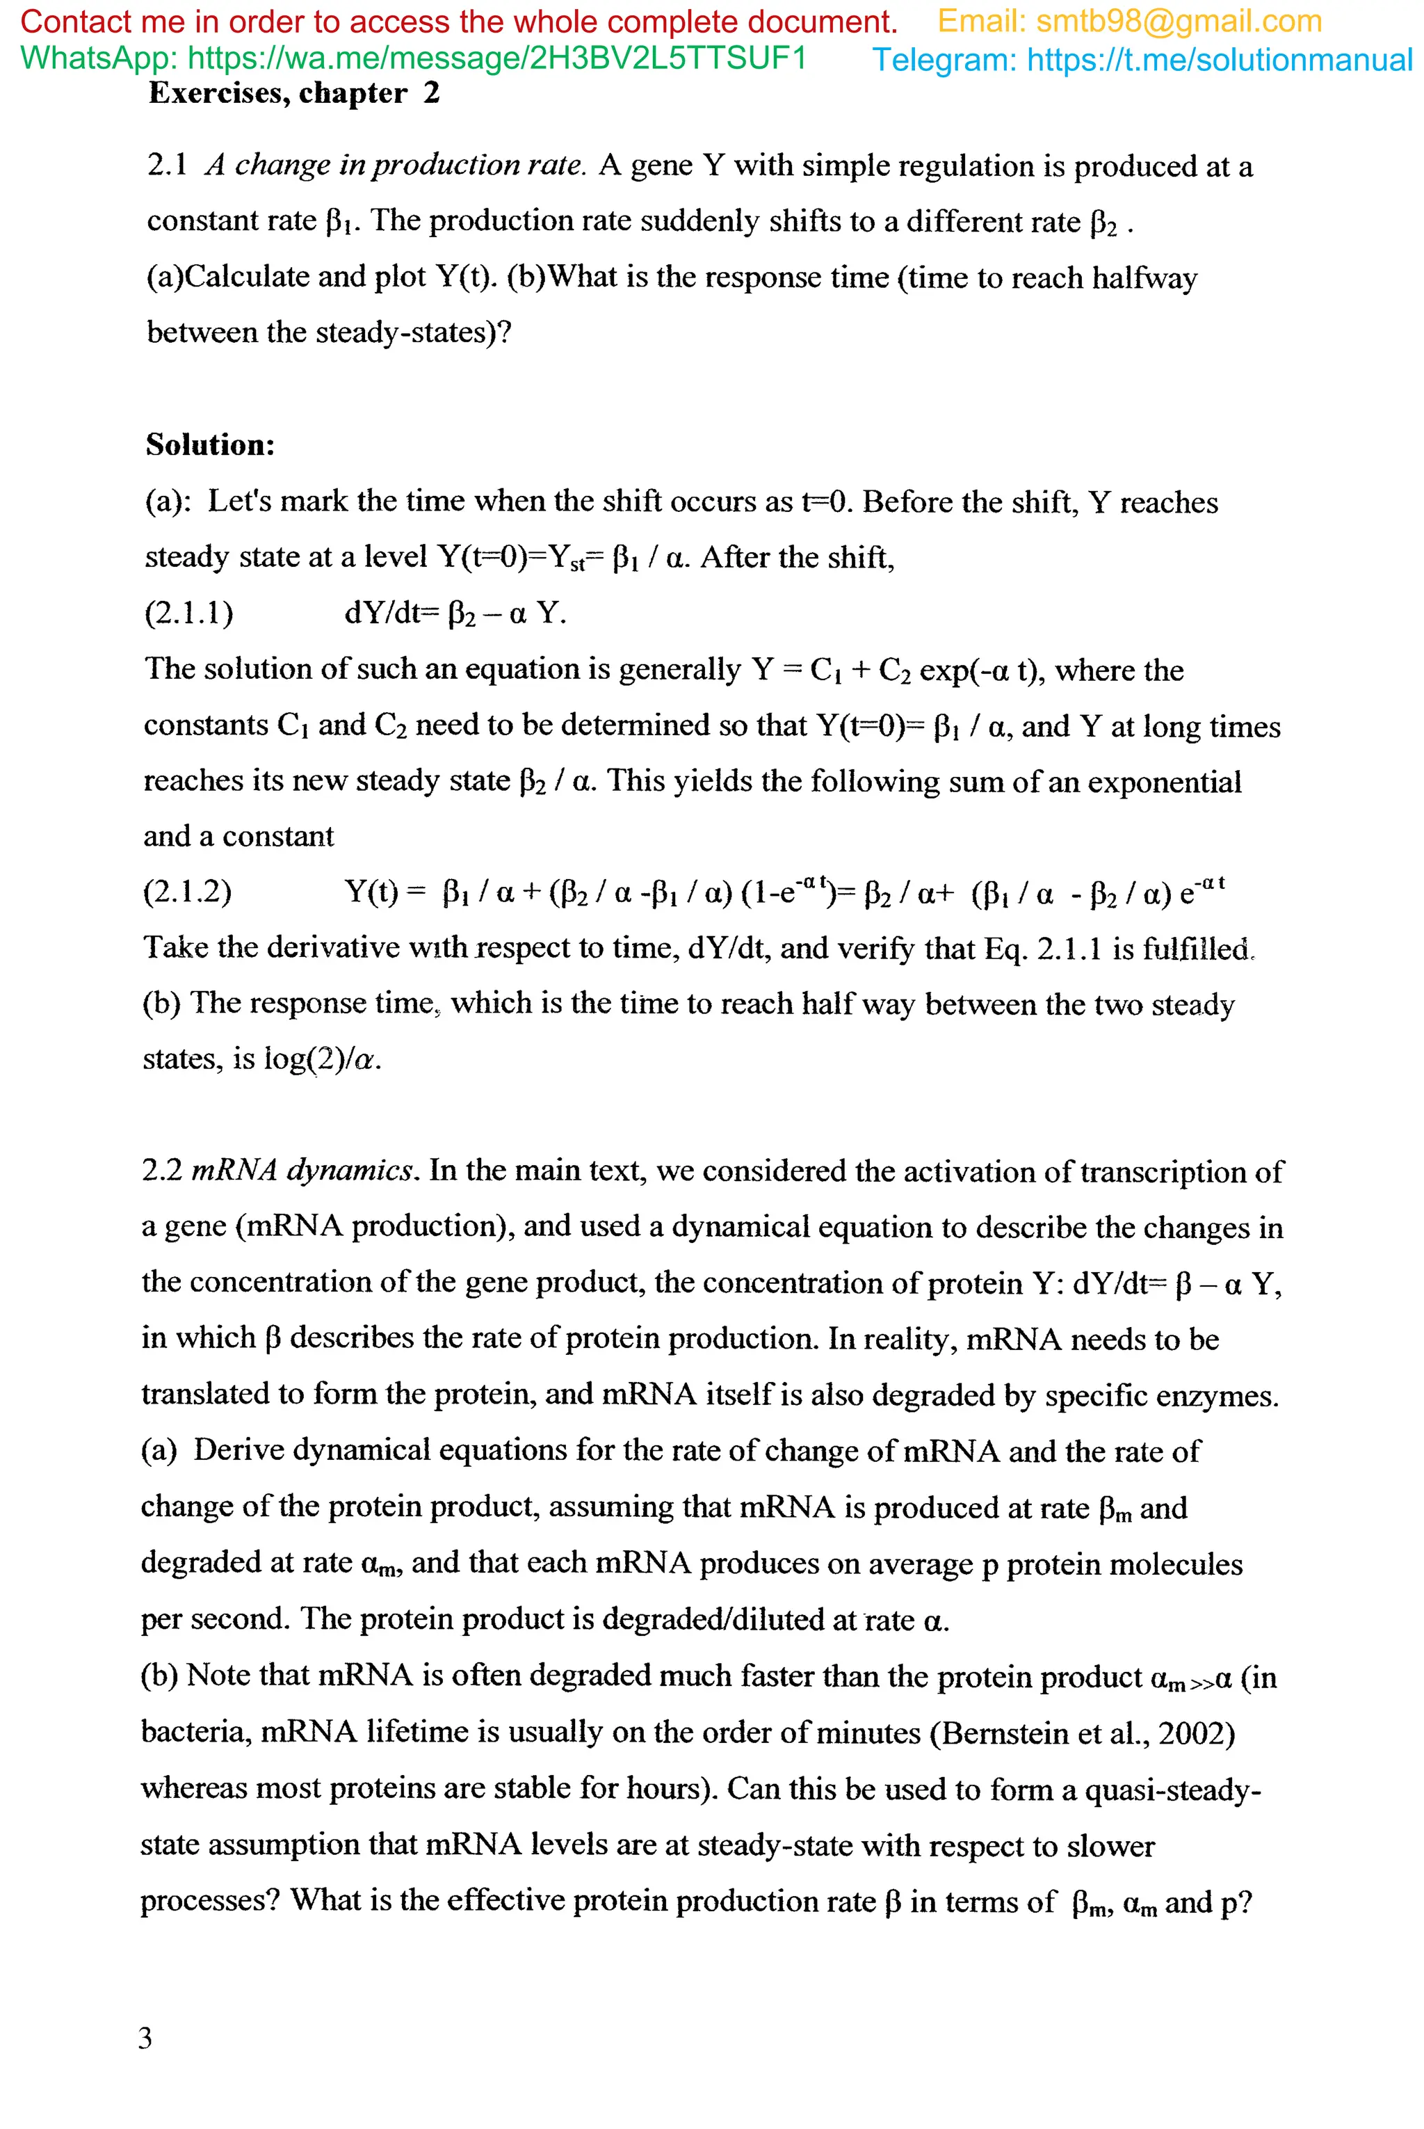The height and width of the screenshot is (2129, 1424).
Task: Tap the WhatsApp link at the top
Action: (495, 58)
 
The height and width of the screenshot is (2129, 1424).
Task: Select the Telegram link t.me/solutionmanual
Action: (1219, 60)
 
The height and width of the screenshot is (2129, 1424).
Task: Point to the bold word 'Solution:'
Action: (210, 445)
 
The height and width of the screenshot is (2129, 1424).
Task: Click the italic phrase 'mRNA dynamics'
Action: (303, 1170)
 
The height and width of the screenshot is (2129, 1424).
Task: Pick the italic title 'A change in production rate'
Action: (396, 166)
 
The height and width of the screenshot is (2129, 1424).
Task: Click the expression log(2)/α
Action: (323, 1059)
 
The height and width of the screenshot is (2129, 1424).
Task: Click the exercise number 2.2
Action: (161, 1170)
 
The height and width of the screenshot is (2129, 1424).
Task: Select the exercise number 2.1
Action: (167, 166)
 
